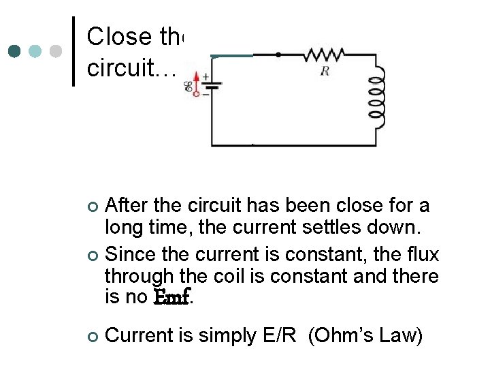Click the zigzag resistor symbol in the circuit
[325, 54]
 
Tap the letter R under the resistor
[325, 71]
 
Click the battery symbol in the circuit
[212, 86]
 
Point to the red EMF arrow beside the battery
[197, 80]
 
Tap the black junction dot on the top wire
[278, 54]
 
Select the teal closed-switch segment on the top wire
[231, 55]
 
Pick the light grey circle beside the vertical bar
[57, 51]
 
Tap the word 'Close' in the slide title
[116, 35]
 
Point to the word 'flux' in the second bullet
[423, 255]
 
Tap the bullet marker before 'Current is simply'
[93, 336]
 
